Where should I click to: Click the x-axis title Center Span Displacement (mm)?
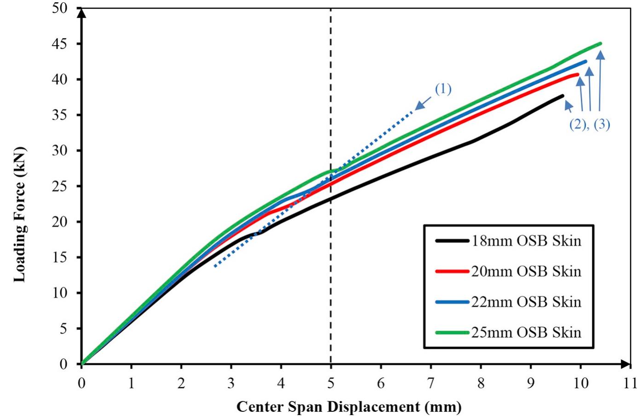point(349,407)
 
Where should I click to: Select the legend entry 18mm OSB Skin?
point(526,240)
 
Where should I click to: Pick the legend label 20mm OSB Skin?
point(526,271)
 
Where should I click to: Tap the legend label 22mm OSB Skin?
point(526,302)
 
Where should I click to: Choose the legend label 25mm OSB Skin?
point(526,332)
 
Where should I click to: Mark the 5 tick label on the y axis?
point(64,328)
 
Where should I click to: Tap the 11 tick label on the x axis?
point(630,383)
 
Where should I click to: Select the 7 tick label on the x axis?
point(431,383)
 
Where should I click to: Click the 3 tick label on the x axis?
point(231,383)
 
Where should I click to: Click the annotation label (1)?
point(443,89)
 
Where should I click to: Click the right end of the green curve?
point(600,44)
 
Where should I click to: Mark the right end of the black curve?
point(563,96)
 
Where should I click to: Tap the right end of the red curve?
point(578,74)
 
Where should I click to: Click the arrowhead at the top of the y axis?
point(81,12)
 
